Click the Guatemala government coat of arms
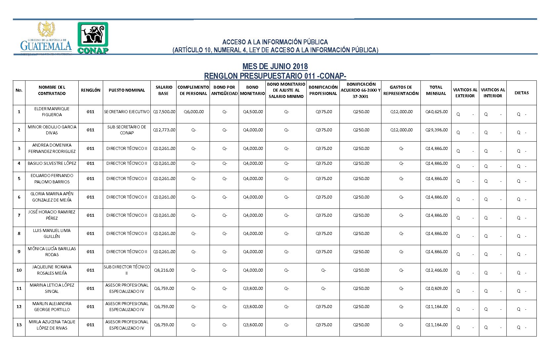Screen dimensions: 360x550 [46, 29]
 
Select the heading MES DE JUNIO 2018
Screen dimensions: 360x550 [275, 66]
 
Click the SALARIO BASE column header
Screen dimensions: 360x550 [163, 90]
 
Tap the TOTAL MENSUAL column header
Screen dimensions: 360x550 [436, 90]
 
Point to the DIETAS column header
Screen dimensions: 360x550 [521, 93]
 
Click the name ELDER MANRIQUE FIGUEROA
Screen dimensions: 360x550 [52, 112]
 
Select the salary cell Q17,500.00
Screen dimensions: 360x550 [164, 112]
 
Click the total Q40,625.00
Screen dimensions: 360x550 [436, 112]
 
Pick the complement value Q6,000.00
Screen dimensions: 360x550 [194, 112]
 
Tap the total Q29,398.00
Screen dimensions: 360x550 [436, 130]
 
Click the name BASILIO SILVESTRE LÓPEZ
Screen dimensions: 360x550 [52, 163]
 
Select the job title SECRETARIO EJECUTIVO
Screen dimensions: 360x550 [127, 112]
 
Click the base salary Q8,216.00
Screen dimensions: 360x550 [164, 270]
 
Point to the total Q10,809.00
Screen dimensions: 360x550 [436, 289]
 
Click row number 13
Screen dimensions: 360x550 [19, 325]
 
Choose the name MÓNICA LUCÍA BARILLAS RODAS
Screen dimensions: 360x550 [52, 252]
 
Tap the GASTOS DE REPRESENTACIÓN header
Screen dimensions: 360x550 [401, 90]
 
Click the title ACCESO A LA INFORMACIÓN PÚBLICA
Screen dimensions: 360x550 [275, 42]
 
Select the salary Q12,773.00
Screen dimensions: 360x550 [164, 130]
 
